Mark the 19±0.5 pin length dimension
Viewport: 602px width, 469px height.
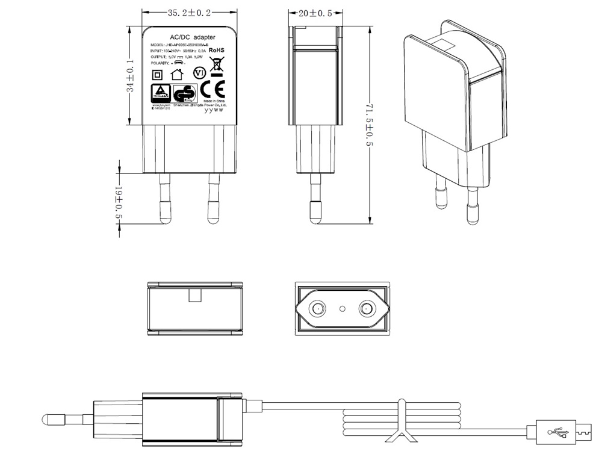119,201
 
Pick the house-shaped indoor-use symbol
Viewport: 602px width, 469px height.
177,74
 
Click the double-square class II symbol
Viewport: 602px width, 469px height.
157,75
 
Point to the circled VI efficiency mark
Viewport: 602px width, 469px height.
199,73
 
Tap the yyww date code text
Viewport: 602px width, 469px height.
214,110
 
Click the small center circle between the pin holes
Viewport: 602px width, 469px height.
342,309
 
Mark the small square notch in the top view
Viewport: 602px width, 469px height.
195,295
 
